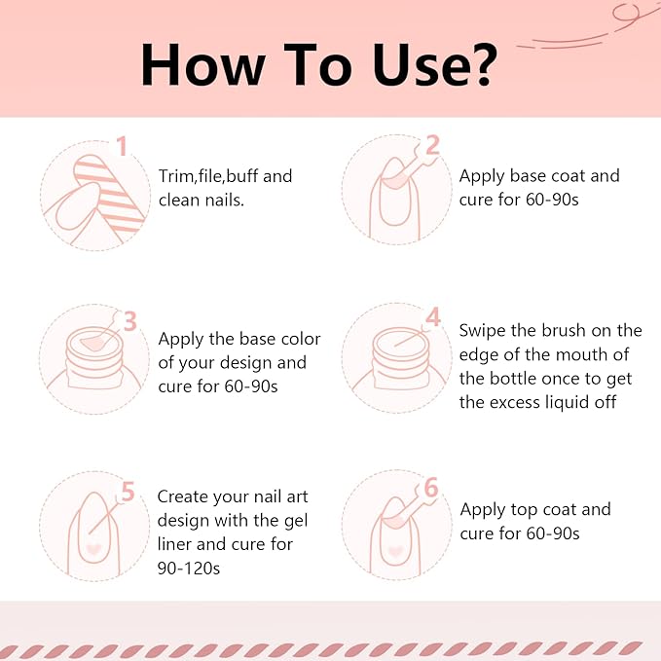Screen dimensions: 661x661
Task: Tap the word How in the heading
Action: click(x=203, y=65)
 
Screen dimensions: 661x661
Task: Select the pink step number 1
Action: click(x=122, y=146)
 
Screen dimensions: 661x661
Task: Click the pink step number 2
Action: click(x=432, y=146)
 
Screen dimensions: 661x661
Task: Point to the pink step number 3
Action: click(x=130, y=321)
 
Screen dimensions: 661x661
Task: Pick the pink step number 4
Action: click(x=433, y=317)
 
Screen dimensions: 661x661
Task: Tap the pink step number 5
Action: click(x=128, y=492)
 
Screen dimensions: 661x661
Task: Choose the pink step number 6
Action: click(x=431, y=488)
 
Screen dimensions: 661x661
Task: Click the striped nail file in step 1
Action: click(x=110, y=195)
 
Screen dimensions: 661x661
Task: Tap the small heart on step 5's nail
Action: click(x=93, y=549)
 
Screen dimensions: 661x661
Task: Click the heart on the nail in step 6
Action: click(x=395, y=551)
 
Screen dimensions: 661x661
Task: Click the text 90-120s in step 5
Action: click(x=189, y=569)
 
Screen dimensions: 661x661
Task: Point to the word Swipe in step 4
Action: click(x=482, y=331)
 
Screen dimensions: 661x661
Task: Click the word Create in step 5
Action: click(x=183, y=496)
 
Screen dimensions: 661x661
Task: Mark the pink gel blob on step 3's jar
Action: click(x=92, y=343)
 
